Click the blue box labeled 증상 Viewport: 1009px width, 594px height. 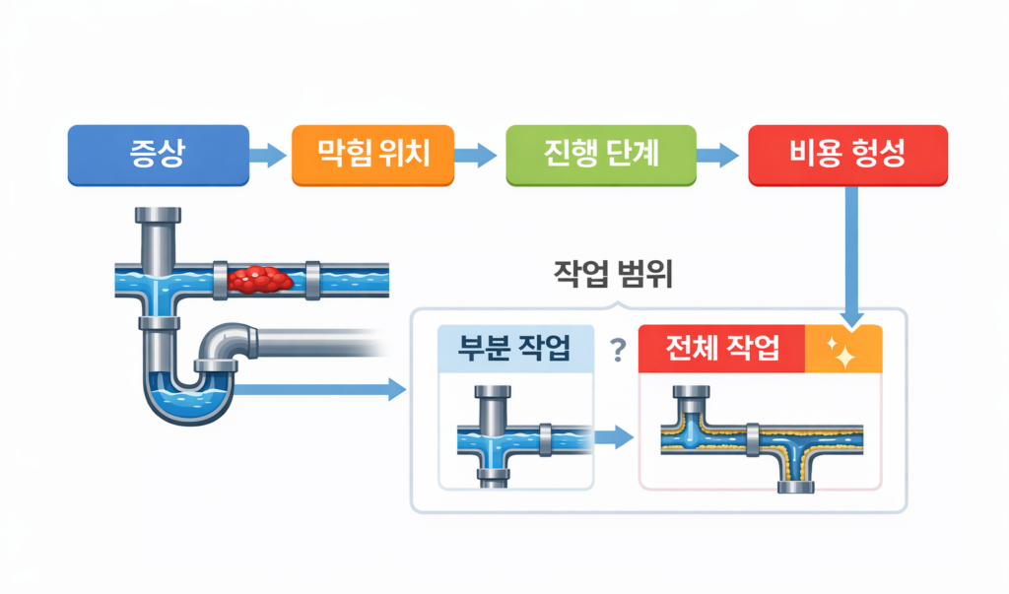coord(157,155)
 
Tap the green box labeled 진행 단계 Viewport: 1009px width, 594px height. coord(600,155)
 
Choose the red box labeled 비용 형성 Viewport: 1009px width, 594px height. coord(847,155)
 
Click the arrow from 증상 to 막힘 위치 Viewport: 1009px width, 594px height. coord(266,155)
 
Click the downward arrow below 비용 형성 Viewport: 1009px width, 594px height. coord(854,256)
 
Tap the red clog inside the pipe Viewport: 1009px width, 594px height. coord(260,280)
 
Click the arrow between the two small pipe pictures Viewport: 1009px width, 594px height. coord(615,437)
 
